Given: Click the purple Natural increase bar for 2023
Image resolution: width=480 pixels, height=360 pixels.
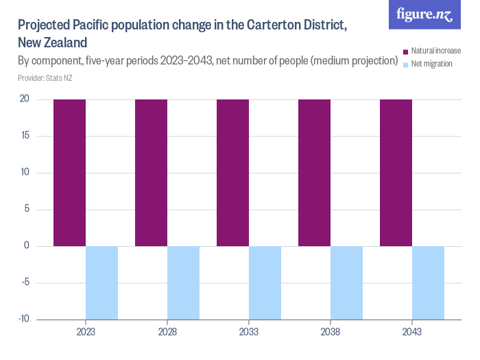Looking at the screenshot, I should coord(69,173).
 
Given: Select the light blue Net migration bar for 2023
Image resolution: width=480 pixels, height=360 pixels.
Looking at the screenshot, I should coord(101,283).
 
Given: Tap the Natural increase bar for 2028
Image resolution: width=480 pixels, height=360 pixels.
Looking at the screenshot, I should coord(151,173).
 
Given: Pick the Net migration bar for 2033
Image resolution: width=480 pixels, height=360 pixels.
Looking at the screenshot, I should coord(265,283).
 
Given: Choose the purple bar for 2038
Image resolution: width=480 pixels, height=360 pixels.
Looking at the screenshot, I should coord(314,173).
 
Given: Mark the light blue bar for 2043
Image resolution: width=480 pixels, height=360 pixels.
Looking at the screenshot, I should coord(428,283).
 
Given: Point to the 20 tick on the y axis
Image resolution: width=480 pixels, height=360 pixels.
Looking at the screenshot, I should coord(24,99).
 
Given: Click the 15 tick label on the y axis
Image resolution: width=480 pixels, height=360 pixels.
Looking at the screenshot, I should coord(24,136).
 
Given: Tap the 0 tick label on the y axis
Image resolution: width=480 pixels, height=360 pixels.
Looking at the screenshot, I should coord(26,246).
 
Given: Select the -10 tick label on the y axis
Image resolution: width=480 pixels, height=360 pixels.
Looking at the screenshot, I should coord(23,319).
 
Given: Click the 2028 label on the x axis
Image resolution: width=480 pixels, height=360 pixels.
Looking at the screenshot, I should coord(167,331).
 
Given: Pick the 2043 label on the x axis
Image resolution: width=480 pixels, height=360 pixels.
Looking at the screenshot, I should coord(412,331).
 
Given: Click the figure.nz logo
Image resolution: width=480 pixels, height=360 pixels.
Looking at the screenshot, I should coord(424,14).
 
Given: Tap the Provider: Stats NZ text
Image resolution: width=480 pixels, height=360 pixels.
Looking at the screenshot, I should coord(45,79).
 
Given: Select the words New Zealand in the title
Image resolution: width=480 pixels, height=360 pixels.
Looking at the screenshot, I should coord(52,43).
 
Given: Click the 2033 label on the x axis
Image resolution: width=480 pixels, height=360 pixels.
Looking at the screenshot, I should coord(249,331).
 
